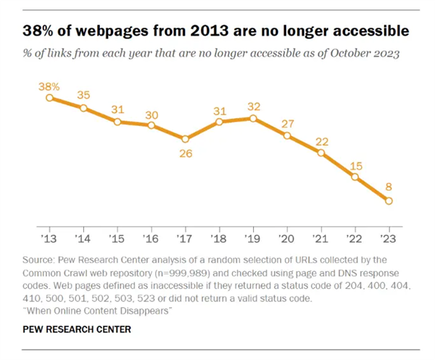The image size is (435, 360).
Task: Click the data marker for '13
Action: (x=49, y=97)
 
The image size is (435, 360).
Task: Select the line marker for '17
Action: (x=186, y=138)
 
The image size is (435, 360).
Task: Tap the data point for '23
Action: (x=389, y=201)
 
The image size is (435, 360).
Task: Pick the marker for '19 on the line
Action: (x=253, y=117)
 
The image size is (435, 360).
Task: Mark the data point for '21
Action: (x=321, y=152)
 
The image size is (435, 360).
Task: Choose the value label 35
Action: (x=83, y=95)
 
